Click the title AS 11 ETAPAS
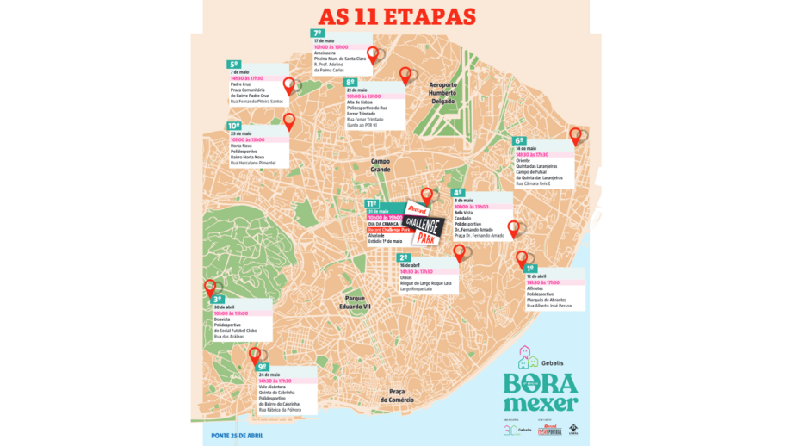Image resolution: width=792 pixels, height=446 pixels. (397, 17)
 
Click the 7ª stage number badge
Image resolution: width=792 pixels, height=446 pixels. (318, 33)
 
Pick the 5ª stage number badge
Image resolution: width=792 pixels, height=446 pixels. (234, 64)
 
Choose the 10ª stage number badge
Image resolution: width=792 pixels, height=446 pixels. (234, 126)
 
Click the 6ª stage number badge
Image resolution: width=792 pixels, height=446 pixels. (519, 140)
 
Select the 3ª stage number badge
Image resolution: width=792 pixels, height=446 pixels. (217, 300)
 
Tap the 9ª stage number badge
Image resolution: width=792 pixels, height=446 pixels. (263, 366)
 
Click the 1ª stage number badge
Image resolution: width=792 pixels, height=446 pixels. (530, 269)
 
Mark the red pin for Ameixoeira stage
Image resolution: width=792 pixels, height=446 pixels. (373, 55)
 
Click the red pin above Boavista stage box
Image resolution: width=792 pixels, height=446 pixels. (210, 289)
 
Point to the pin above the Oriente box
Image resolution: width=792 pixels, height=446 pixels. (576, 135)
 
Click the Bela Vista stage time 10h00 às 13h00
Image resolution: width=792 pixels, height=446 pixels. (472, 207)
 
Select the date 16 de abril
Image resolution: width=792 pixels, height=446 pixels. (411, 265)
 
